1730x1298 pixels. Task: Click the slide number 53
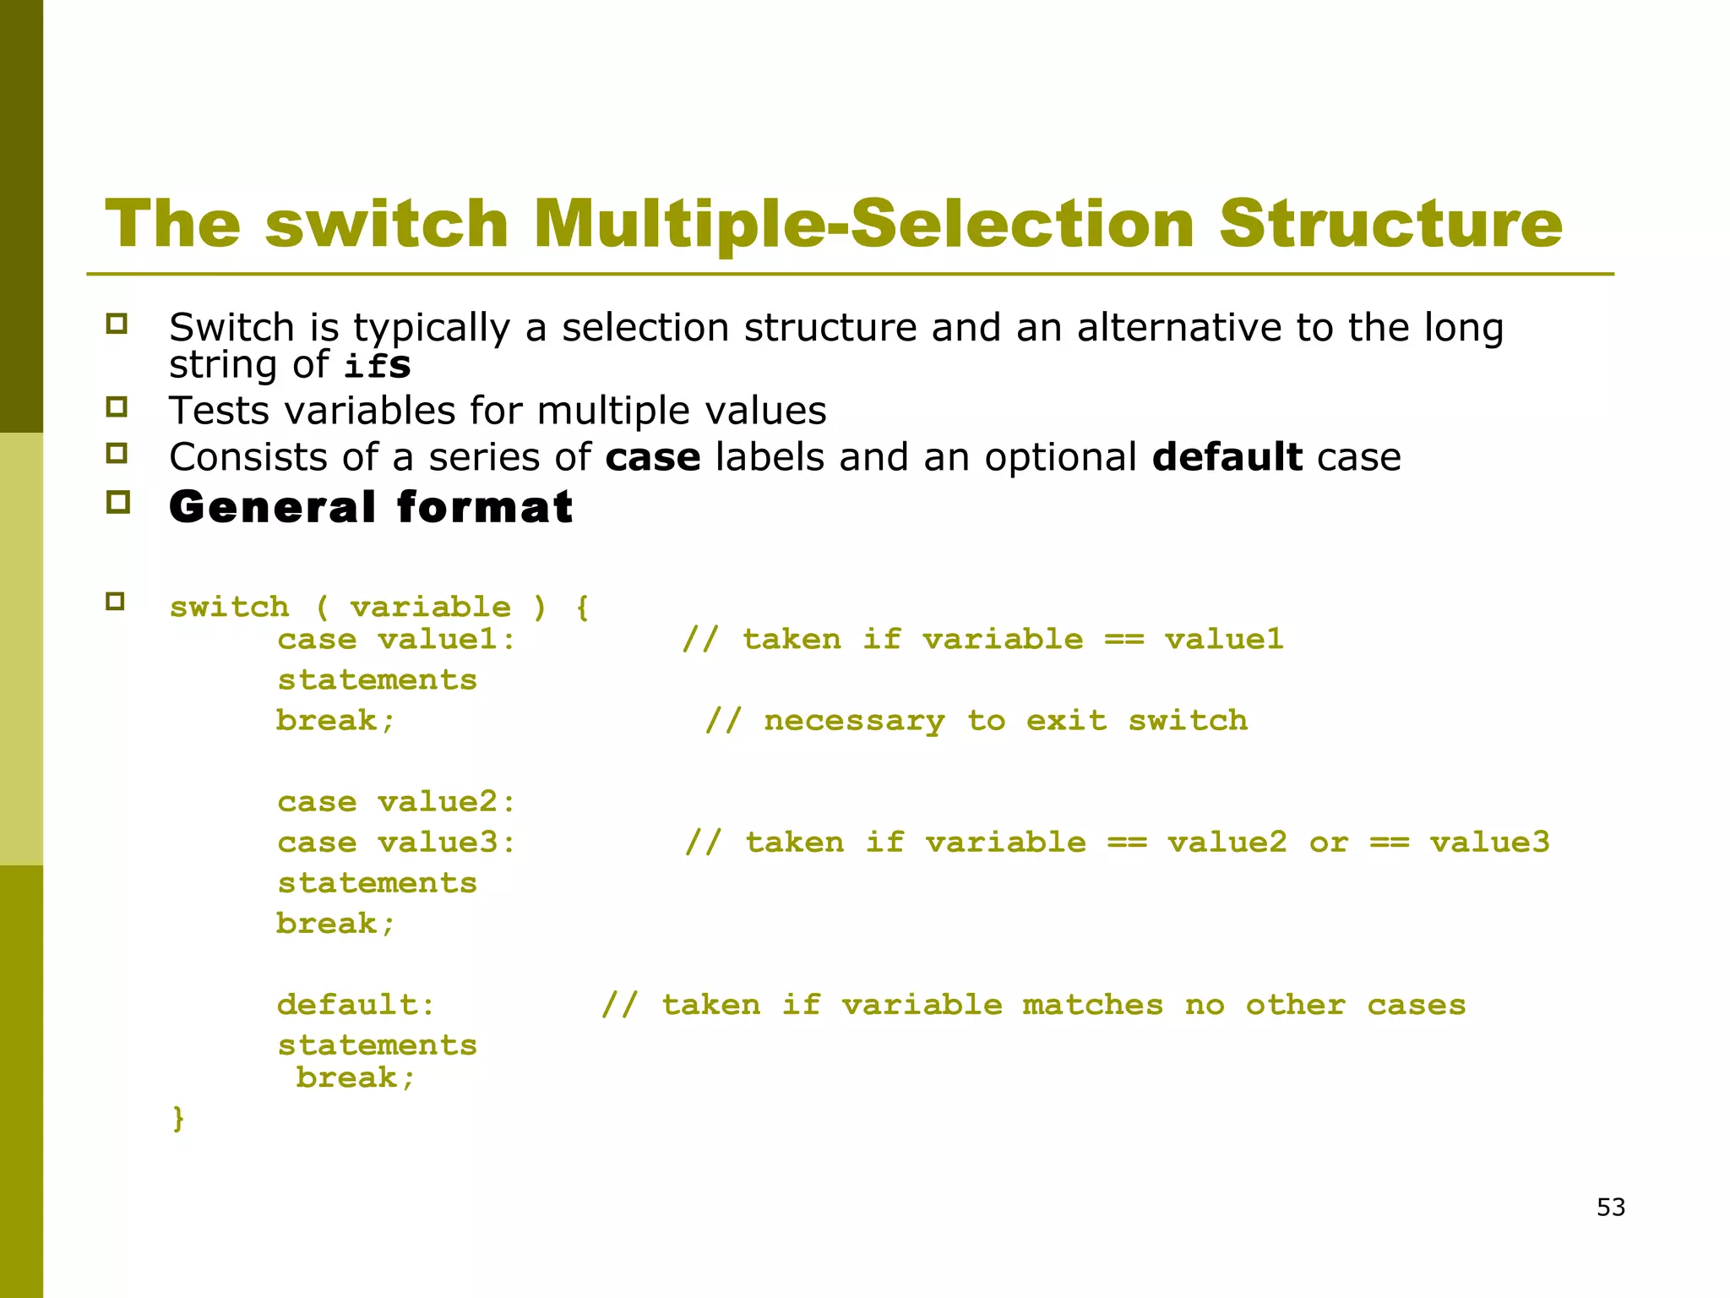point(1610,1207)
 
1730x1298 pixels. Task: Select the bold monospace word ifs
point(378,366)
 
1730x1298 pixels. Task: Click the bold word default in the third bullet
point(1227,457)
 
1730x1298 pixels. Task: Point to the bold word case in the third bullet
point(652,457)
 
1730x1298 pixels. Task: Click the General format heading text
point(371,507)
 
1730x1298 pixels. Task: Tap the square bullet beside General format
point(117,502)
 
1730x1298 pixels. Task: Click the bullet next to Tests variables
point(117,407)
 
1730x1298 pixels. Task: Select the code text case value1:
point(396,639)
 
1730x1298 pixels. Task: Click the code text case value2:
point(396,801)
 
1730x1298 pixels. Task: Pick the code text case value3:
point(396,842)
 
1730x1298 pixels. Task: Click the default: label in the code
point(356,1005)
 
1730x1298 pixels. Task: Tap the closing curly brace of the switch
point(178,1118)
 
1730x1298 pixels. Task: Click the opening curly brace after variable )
point(582,607)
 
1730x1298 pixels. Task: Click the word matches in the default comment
point(1092,1005)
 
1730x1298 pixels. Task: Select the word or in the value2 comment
point(1328,842)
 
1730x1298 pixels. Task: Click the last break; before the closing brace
point(356,1078)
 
